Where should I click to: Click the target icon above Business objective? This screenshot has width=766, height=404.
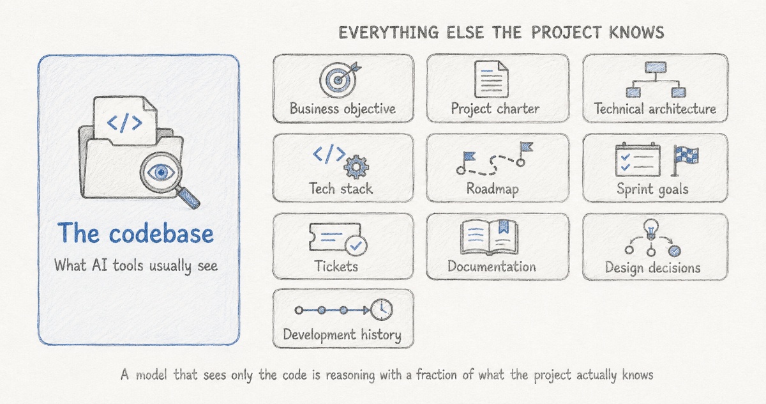(338, 79)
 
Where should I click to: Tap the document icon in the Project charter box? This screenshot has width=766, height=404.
(492, 79)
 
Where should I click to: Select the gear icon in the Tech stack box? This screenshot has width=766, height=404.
(356, 167)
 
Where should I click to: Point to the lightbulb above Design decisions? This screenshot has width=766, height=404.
(650, 229)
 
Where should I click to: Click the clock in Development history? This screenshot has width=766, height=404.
(382, 309)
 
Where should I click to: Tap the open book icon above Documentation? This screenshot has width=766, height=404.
(490, 237)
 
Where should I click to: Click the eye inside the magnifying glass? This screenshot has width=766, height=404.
(161, 172)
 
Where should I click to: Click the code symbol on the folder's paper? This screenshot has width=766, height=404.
(124, 123)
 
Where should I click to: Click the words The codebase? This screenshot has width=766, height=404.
(136, 233)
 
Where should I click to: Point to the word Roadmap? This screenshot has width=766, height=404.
(492, 189)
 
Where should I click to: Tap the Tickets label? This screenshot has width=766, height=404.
(336, 266)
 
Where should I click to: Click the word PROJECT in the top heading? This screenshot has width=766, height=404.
(566, 33)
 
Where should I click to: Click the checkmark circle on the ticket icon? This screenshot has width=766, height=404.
(356, 245)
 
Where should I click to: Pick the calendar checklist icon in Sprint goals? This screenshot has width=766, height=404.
(638, 160)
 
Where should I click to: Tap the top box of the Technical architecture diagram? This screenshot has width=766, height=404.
(656, 67)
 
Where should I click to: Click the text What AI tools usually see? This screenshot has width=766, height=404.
(136, 266)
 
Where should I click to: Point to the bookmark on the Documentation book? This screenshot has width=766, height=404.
(504, 227)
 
